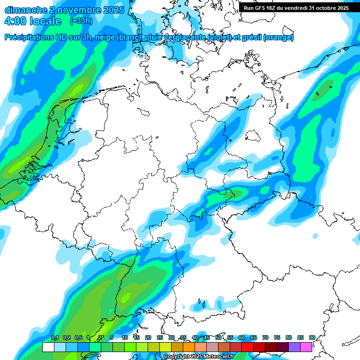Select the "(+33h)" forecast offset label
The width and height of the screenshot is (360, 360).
(82, 21)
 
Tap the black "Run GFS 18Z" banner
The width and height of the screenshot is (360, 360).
(296, 8)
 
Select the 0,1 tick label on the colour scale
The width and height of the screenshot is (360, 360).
(54, 337)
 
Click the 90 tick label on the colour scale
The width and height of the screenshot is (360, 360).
(312, 337)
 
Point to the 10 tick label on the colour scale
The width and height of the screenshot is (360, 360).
(125, 337)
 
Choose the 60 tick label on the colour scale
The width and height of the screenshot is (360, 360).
(241, 337)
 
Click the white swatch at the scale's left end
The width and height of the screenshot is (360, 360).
(48, 347)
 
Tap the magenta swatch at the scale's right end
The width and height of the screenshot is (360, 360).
(306, 347)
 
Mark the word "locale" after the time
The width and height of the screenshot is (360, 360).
(45, 21)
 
